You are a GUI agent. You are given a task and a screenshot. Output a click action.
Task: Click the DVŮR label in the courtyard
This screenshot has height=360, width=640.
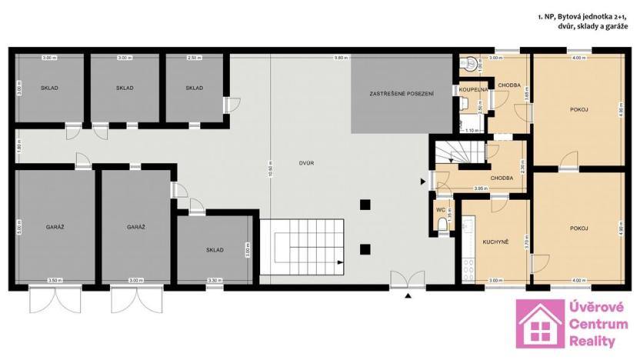click(306, 163)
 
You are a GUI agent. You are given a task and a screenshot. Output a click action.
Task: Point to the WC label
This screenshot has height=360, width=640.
click(440, 208)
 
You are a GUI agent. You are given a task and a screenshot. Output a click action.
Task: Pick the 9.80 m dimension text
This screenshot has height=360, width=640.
click(339, 58)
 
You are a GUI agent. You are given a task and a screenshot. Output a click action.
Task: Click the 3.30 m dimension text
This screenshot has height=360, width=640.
click(215, 280)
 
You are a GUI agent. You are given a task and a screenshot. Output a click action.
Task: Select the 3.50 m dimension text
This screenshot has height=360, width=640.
click(54, 280)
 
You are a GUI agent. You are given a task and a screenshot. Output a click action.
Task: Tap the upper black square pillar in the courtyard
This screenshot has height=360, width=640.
click(366, 204)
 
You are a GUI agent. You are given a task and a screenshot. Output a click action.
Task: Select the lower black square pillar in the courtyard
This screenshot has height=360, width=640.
click(366, 248)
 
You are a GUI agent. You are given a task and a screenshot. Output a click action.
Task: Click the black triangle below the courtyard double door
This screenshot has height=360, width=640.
click(408, 295)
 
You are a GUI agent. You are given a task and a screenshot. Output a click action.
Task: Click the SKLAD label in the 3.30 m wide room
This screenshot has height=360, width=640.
click(215, 250)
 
